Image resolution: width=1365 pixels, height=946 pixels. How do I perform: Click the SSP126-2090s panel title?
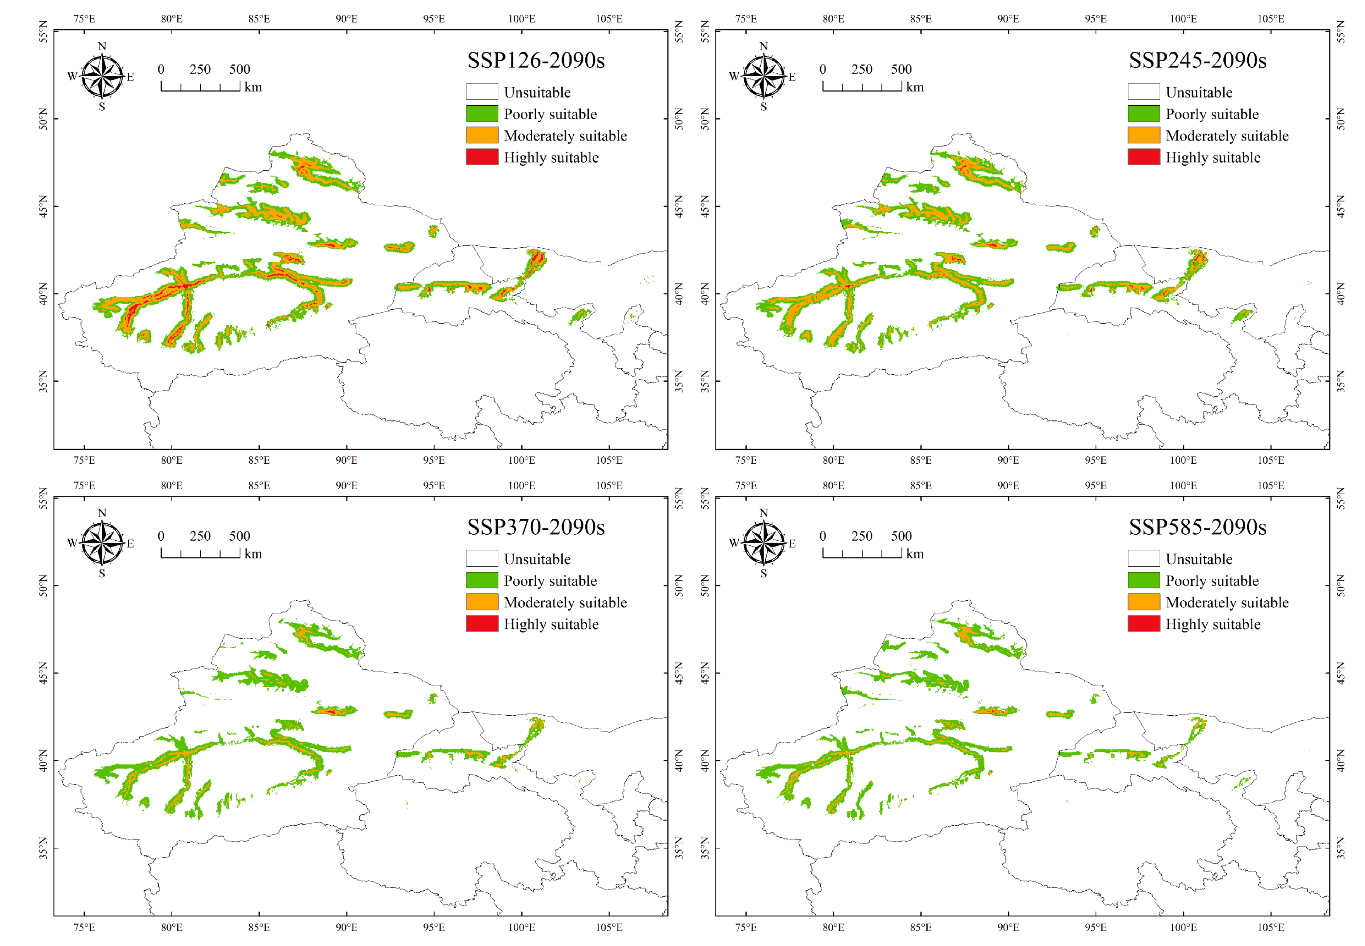(x=535, y=60)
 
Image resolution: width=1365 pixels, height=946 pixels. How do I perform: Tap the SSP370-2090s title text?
(x=535, y=527)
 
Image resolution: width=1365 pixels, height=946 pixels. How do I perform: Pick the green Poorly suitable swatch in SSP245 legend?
(x=1143, y=113)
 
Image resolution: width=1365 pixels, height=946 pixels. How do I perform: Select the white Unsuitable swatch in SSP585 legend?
(x=1143, y=559)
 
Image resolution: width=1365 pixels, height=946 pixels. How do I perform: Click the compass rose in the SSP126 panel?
(x=102, y=76)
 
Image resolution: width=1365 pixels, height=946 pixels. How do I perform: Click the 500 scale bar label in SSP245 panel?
(x=901, y=69)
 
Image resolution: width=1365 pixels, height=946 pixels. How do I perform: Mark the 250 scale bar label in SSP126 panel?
(x=200, y=69)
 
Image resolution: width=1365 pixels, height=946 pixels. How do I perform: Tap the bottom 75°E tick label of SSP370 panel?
(x=84, y=927)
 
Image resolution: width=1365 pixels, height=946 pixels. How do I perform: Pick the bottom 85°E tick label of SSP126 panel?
(x=259, y=460)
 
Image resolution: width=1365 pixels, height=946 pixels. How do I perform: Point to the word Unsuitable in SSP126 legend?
(x=537, y=93)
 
